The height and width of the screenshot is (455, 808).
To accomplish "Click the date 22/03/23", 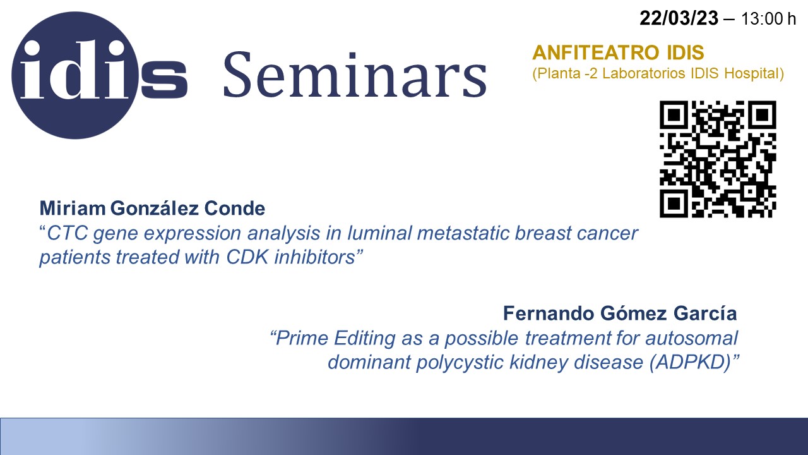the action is pos(679,18).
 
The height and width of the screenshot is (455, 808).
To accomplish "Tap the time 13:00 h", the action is pos(768,19).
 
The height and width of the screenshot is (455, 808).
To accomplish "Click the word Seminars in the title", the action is pos(355,75).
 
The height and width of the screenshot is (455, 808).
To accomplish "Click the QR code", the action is pos(718,159).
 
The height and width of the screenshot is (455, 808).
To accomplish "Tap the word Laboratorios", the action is pos(643,73).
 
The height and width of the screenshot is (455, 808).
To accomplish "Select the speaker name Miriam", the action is pos(73,209).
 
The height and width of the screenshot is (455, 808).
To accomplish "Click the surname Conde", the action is pos(234,209).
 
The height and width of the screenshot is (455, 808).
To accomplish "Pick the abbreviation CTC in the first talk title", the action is pos(68,233).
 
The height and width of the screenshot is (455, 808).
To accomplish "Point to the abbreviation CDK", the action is pos(247,257).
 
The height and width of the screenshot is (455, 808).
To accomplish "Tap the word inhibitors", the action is pos(314,257).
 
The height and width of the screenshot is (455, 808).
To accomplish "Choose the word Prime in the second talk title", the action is pos(302,338).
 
